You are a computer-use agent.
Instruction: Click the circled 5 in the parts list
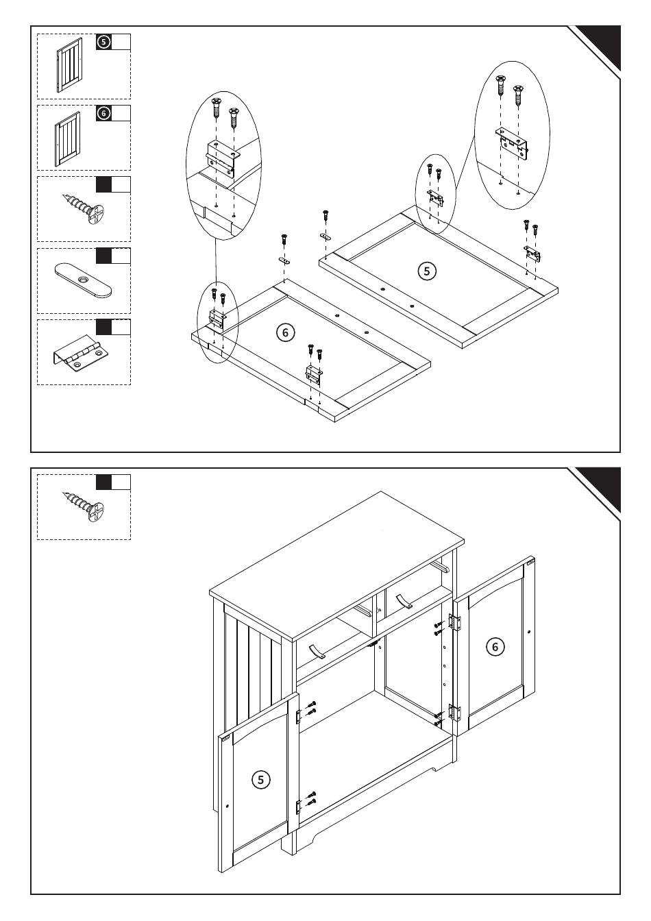coord(103,42)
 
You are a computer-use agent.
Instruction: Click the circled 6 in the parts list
coord(103,113)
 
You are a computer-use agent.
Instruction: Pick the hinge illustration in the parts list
coord(80,354)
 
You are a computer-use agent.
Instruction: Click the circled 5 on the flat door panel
coord(426,271)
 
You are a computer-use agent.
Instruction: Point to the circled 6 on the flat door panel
coord(285,332)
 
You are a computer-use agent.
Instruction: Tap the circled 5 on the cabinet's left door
coord(260,779)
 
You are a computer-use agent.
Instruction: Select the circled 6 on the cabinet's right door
coord(495,646)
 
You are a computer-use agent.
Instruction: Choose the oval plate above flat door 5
coord(325,236)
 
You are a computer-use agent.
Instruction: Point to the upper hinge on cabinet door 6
coord(454,622)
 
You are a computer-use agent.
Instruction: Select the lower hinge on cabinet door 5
coord(299,806)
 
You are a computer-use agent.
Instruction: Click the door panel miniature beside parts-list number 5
coord(69,65)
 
